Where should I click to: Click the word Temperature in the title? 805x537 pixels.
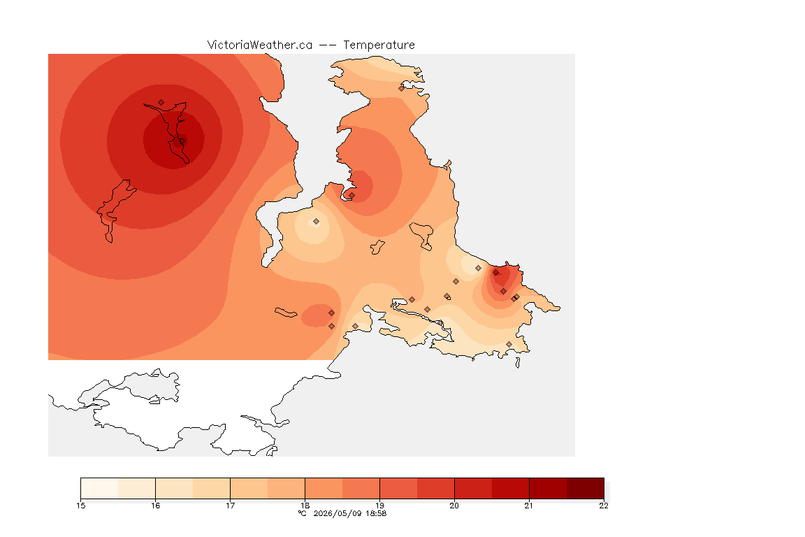379,45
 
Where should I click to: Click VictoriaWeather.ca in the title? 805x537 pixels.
260,45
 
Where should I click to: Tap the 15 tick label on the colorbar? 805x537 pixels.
80,506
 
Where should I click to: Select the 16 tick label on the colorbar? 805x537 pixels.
156,506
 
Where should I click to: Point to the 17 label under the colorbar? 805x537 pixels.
230,506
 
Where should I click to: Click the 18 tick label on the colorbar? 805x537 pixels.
305,506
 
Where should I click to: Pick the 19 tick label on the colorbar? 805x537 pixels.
379,506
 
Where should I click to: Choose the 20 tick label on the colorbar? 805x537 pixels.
454,506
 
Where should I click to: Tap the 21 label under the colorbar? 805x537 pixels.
529,506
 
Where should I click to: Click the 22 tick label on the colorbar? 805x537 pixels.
604,506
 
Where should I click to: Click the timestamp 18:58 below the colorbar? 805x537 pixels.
376,513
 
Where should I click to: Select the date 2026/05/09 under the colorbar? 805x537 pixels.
338,513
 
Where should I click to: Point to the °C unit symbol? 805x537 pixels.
303,513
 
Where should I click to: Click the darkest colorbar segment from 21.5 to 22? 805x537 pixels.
586,488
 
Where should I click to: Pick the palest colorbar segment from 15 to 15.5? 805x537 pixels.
100,488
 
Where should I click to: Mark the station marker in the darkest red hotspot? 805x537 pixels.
182,141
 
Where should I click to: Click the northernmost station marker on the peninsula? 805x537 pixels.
402,88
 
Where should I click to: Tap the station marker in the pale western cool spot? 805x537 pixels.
317,222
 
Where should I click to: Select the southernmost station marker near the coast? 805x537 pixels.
509,344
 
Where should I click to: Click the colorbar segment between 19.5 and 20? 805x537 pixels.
436,488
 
